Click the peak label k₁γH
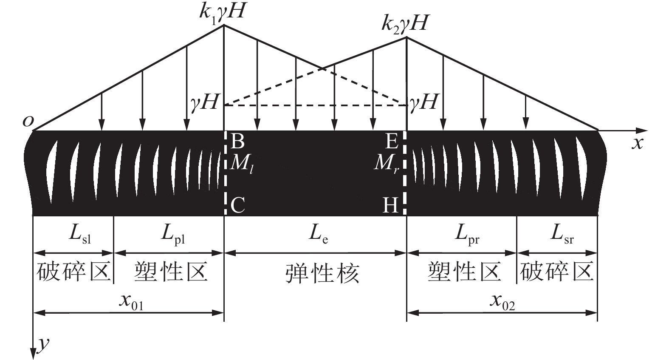221,11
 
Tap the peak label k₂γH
404,23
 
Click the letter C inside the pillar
237,206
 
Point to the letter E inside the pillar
390,141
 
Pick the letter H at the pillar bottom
390,206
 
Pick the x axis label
637,144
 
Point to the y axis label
42,344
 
